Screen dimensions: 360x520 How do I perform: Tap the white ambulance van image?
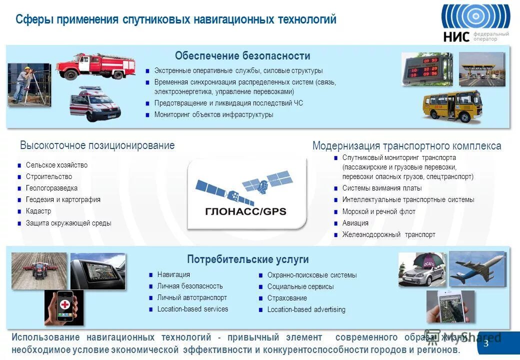click(95, 104)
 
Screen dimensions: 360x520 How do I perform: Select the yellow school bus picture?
click(451, 105)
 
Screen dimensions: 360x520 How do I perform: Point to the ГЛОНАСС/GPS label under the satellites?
click(246, 211)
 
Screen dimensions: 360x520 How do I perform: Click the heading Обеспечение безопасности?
click(242, 56)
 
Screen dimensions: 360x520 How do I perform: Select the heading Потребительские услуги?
click(247, 259)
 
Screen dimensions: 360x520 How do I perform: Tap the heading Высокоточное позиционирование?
click(97, 145)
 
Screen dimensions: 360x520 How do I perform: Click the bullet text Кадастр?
click(38, 211)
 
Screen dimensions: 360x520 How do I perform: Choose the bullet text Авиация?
click(355, 223)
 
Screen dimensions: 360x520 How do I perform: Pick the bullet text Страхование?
click(287, 298)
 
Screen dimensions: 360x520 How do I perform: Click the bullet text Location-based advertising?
click(306, 309)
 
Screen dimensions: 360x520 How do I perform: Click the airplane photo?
click(477, 268)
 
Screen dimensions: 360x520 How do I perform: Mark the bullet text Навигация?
click(173, 274)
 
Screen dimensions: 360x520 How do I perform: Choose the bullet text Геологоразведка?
click(51, 188)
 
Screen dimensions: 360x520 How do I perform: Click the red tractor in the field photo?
click(38, 270)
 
